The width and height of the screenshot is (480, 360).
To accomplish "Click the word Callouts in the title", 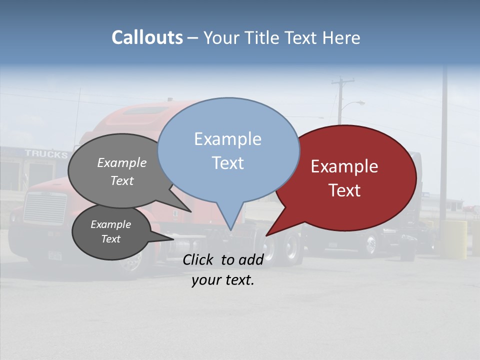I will [147, 37].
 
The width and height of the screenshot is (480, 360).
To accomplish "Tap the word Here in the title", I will [342, 37].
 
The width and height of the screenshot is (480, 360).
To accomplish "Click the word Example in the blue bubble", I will [227, 139].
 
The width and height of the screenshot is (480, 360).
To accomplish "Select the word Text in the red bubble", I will [345, 190].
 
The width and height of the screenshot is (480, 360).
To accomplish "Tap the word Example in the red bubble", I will [344, 166].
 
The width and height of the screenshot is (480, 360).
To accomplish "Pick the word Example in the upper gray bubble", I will [122, 162].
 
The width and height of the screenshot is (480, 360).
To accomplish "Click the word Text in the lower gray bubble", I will [111, 239].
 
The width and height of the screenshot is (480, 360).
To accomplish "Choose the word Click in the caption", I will [199, 259].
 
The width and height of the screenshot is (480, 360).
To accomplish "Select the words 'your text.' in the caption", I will [223, 280].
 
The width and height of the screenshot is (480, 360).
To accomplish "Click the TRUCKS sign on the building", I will [46, 154].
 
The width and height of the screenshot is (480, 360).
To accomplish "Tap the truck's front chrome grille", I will [45, 207].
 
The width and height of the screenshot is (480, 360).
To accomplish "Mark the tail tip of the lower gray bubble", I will [173, 239].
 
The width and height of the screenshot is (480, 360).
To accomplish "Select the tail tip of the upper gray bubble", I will [190, 211].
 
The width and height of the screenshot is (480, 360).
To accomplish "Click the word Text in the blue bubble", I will [228, 163].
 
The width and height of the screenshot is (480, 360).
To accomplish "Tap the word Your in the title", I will [219, 37].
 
